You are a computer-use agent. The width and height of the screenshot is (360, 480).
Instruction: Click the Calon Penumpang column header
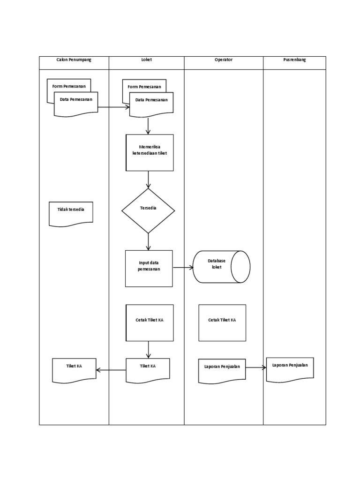pos(74,60)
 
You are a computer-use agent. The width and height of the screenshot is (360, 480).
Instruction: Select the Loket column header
pos(147,60)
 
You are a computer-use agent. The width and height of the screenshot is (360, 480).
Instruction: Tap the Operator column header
pos(224,60)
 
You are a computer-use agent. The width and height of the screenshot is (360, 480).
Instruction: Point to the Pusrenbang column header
pos(294,60)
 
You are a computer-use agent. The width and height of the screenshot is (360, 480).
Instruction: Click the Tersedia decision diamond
pos(148,210)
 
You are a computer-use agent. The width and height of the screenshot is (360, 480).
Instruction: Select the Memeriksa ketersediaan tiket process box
pos(150,152)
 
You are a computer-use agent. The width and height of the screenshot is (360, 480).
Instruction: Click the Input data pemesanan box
pos(149,268)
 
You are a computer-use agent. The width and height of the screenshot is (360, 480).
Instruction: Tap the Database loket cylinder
pos(221,267)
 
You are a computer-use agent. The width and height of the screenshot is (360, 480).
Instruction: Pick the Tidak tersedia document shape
pos(71,213)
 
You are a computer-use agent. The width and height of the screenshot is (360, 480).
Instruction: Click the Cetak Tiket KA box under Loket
pos(150,322)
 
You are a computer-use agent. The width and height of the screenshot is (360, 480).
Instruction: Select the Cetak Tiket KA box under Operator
pos(222,322)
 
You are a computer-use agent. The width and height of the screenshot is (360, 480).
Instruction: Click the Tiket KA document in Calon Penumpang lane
pos(74,369)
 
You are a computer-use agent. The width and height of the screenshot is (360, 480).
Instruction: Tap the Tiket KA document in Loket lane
pos(148,369)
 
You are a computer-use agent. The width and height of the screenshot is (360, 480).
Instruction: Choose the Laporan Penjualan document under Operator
pos(222,370)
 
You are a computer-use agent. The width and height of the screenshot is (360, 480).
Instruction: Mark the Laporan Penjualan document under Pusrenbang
pos(290,368)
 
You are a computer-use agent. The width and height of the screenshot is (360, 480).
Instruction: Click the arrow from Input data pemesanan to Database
pos(183,268)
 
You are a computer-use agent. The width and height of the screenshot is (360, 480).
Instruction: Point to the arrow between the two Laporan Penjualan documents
pos(256,368)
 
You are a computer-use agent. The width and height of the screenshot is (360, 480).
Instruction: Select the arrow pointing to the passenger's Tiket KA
pos(111,370)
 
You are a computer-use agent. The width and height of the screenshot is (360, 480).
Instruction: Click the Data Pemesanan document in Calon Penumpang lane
pos(76,103)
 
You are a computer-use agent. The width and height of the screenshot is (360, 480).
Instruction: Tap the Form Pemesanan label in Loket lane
pos(144,87)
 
